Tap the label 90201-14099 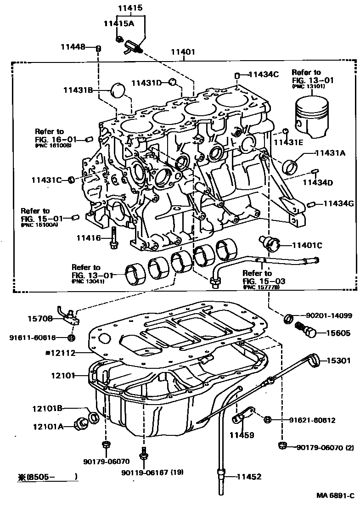(329, 316)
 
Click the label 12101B (47, 408)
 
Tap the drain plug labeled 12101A (83, 422)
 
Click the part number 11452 (249, 477)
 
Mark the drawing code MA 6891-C (335, 496)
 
